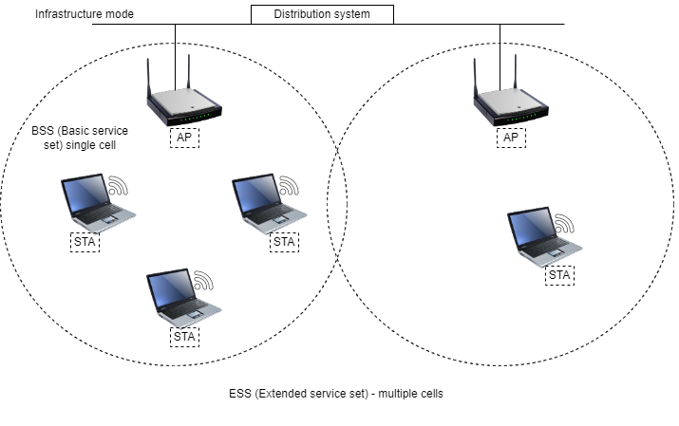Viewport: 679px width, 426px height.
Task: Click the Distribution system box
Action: (x=321, y=14)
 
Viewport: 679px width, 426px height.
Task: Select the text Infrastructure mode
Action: (x=85, y=14)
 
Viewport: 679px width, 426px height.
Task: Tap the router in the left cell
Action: (x=184, y=103)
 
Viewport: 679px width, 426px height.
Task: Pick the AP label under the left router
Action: (x=184, y=139)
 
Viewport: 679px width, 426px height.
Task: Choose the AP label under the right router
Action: (x=512, y=139)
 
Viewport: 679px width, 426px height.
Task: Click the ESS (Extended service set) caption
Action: (x=336, y=393)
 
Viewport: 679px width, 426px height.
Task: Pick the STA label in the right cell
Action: (x=559, y=276)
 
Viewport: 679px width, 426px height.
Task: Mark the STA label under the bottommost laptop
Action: (x=184, y=336)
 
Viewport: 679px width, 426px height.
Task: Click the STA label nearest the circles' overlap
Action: (x=284, y=242)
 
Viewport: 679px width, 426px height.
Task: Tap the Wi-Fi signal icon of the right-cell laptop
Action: (x=565, y=224)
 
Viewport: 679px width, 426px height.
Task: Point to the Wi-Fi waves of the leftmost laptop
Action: (x=118, y=185)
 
